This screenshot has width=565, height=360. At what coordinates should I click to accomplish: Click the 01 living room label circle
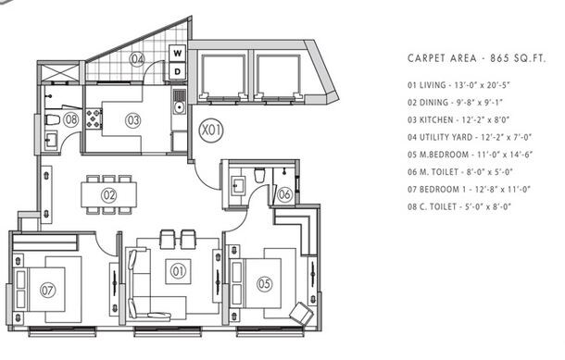(175, 270)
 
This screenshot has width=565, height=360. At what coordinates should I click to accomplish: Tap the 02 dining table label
(109, 194)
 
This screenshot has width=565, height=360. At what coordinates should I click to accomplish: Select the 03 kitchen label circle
(132, 118)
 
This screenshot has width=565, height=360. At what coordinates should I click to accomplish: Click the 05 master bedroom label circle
(264, 283)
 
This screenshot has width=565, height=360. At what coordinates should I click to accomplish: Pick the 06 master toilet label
(284, 194)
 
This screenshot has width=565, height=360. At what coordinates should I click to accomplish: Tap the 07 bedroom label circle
(48, 289)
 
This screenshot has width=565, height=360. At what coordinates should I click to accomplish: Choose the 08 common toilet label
(71, 118)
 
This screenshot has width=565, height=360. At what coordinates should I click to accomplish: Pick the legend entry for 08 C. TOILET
(460, 206)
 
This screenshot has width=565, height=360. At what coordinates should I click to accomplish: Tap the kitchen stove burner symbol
(93, 118)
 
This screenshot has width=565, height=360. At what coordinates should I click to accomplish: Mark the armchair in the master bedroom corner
(301, 313)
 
